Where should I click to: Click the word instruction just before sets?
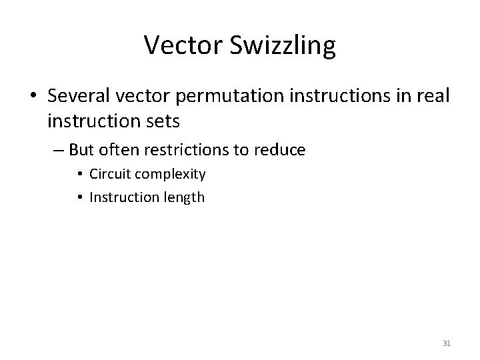[93, 121]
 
